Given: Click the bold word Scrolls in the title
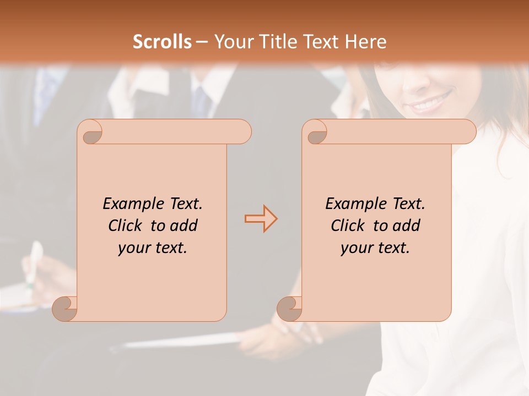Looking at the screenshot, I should click(x=162, y=42).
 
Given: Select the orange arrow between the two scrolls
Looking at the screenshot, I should click(x=261, y=219).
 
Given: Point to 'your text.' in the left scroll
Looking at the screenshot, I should click(x=153, y=248).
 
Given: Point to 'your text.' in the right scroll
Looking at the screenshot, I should click(x=375, y=248).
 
